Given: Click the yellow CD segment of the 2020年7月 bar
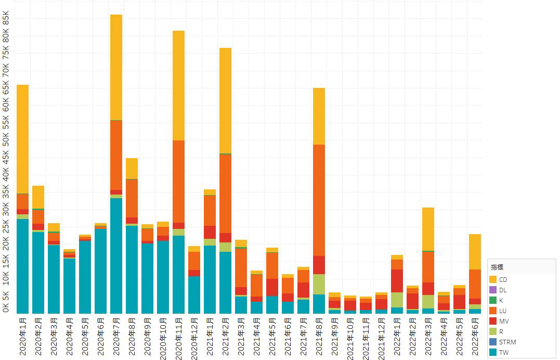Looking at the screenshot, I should click(116, 67).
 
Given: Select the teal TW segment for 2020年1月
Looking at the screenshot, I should click(22, 266).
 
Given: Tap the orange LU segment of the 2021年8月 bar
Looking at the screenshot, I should click(319, 200).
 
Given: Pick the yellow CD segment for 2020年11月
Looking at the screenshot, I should click(178, 85).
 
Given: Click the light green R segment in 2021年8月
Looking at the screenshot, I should click(319, 284).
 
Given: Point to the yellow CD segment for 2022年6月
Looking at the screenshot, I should click(475, 252).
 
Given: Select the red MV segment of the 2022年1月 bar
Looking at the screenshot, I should click(397, 281).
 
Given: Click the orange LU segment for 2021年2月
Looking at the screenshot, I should click(225, 194).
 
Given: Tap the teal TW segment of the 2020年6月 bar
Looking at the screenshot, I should click(100, 271).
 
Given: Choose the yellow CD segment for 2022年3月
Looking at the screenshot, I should click(428, 229).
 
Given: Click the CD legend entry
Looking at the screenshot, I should click(502, 280).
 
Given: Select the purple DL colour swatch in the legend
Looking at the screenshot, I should click(493, 290).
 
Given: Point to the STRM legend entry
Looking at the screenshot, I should click(506, 342).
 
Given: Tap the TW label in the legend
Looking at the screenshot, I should click(503, 352).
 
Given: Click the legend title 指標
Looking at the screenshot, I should click(497, 267).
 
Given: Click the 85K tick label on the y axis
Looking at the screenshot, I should click(6, 19).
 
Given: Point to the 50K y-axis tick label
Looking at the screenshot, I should click(6, 140).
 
